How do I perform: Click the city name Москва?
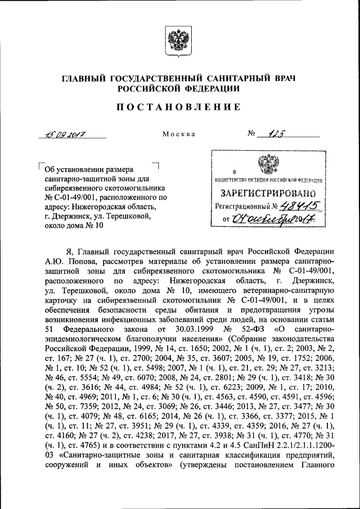[x=178, y=134]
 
